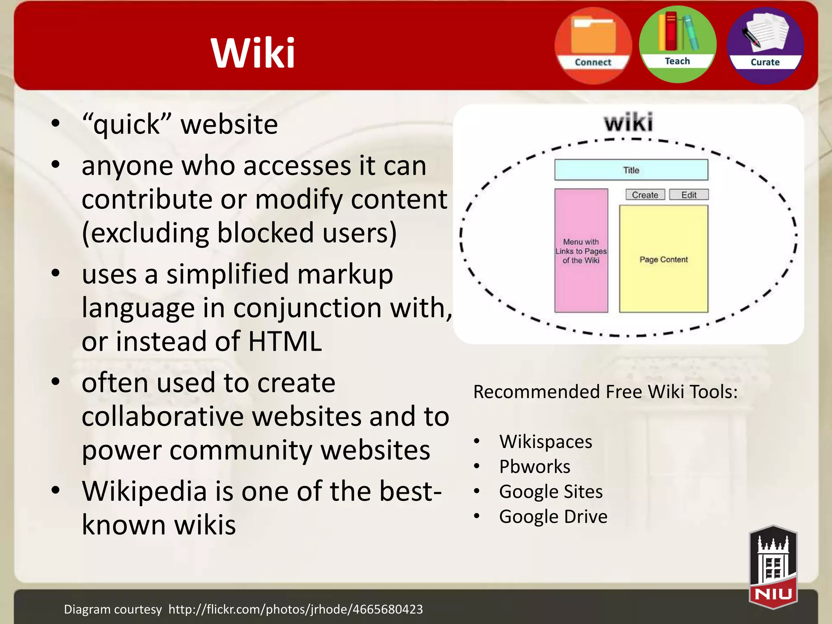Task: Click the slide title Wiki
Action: click(253, 53)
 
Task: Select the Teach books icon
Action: click(678, 44)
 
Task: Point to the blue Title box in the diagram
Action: click(631, 170)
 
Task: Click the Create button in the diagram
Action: click(645, 195)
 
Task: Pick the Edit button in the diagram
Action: click(689, 195)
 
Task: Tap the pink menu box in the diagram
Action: click(581, 251)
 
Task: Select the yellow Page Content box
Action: click(663, 259)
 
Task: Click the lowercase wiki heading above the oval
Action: click(628, 122)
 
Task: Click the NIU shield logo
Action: click(773, 567)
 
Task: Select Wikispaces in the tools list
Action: click(546, 442)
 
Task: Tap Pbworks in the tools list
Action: click(535, 466)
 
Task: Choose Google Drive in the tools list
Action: click(553, 517)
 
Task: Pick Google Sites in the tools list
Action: click(551, 492)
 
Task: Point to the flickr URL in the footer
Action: click(295, 609)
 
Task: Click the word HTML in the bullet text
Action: click(285, 341)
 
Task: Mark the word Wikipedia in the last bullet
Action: click(145, 491)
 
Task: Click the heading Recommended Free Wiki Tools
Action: click(605, 392)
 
